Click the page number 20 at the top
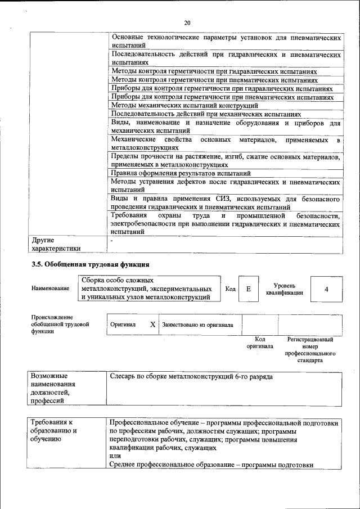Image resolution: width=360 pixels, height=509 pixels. pos(187,22)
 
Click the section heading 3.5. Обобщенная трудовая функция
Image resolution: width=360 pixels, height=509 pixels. pos(89,264)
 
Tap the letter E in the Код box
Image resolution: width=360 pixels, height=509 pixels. pos(248,289)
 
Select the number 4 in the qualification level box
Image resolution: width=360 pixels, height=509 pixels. pos(326,289)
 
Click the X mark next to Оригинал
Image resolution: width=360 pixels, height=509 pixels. pos(152,325)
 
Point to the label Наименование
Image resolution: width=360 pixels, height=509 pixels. pos(51,289)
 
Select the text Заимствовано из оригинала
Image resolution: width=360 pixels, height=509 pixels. pos(198,325)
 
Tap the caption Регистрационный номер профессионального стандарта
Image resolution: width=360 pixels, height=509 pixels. pos(310,350)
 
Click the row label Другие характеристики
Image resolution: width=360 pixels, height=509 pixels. pos(56,244)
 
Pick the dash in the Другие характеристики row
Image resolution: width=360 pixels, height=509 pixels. pos(112,240)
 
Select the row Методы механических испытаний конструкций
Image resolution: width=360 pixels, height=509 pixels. pos(184,105)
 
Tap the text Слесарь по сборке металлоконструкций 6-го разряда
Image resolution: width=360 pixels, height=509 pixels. pos(191,376)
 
